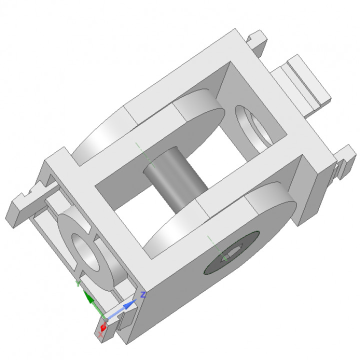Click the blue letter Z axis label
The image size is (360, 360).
pos(142,295)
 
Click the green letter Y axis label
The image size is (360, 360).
pos(77,283)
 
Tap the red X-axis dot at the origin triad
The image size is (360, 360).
pos(103,327)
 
